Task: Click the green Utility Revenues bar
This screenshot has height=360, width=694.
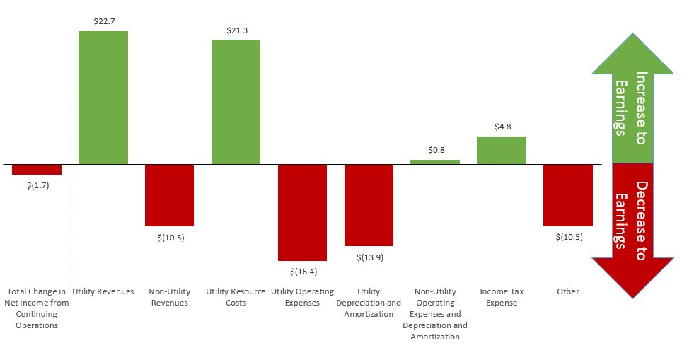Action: coord(103,98)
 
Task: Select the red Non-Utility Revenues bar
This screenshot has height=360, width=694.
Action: coord(169,195)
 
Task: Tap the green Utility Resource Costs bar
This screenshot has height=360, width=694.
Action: coord(236,102)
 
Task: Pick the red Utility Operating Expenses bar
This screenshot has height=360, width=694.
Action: coord(302,212)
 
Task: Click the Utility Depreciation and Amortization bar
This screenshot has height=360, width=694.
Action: coord(369,205)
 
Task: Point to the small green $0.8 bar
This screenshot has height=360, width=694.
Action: coord(435,162)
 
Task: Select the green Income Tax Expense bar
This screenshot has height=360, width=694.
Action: coord(502,150)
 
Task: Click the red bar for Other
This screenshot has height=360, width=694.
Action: coord(568,195)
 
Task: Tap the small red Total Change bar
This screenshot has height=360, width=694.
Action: coord(37,169)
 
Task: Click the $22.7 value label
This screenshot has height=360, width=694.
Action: coord(103,22)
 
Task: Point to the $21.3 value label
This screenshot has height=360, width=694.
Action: coord(236,30)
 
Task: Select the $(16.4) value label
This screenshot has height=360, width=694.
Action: coord(303,271)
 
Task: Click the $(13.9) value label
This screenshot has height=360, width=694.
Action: coord(369,257)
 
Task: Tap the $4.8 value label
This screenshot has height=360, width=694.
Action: coord(502,127)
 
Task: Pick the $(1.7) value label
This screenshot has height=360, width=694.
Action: coord(37,185)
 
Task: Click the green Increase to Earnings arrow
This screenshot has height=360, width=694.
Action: coord(632,106)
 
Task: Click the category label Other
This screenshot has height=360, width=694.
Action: coord(567,291)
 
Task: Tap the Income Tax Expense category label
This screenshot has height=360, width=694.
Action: coord(502,297)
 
